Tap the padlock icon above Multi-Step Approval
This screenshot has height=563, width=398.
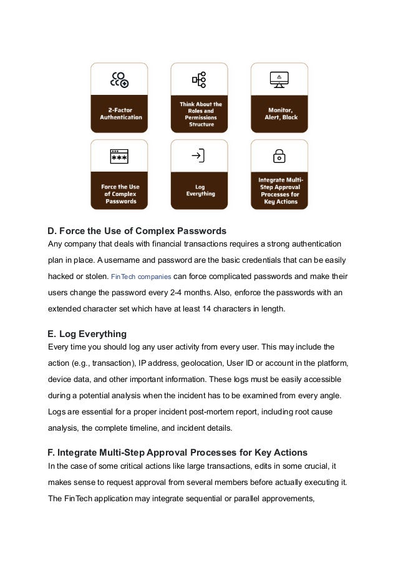(x=279, y=156)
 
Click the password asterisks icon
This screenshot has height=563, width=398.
(x=119, y=157)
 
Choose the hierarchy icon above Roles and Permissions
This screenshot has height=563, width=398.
(x=199, y=79)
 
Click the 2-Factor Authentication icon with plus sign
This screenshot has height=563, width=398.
(x=119, y=79)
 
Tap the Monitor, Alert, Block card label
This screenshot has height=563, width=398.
(x=279, y=114)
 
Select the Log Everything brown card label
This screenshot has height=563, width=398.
(x=200, y=190)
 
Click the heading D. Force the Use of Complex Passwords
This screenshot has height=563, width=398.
(x=137, y=231)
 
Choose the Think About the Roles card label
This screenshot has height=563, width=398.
(x=200, y=114)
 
